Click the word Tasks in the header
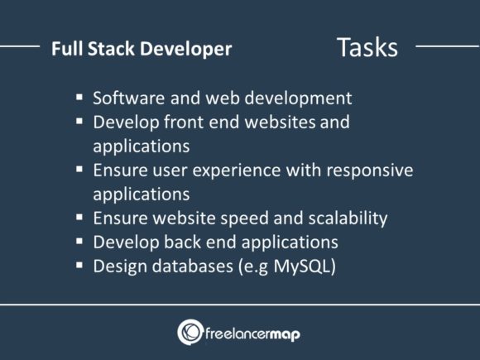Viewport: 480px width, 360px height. [367, 47]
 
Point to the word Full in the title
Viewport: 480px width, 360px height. [65, 49]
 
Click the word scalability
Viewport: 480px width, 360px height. [346, 219]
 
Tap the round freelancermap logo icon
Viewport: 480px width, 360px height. [190, 332]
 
